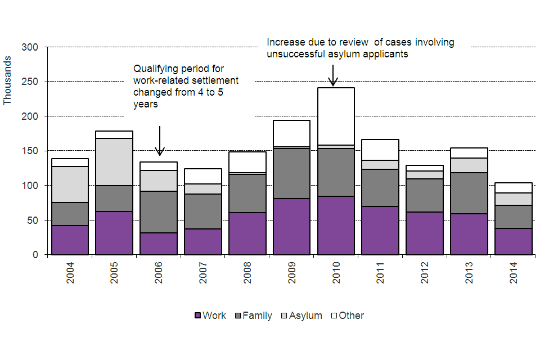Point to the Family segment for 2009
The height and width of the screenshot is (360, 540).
pos(291,173)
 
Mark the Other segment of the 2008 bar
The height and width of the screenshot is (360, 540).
pos(246,162)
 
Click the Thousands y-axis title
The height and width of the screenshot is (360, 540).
pos(7,80)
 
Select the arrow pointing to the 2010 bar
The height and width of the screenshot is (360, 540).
pos(332,76)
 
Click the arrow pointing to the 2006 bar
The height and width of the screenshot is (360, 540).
pos(160,141)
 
